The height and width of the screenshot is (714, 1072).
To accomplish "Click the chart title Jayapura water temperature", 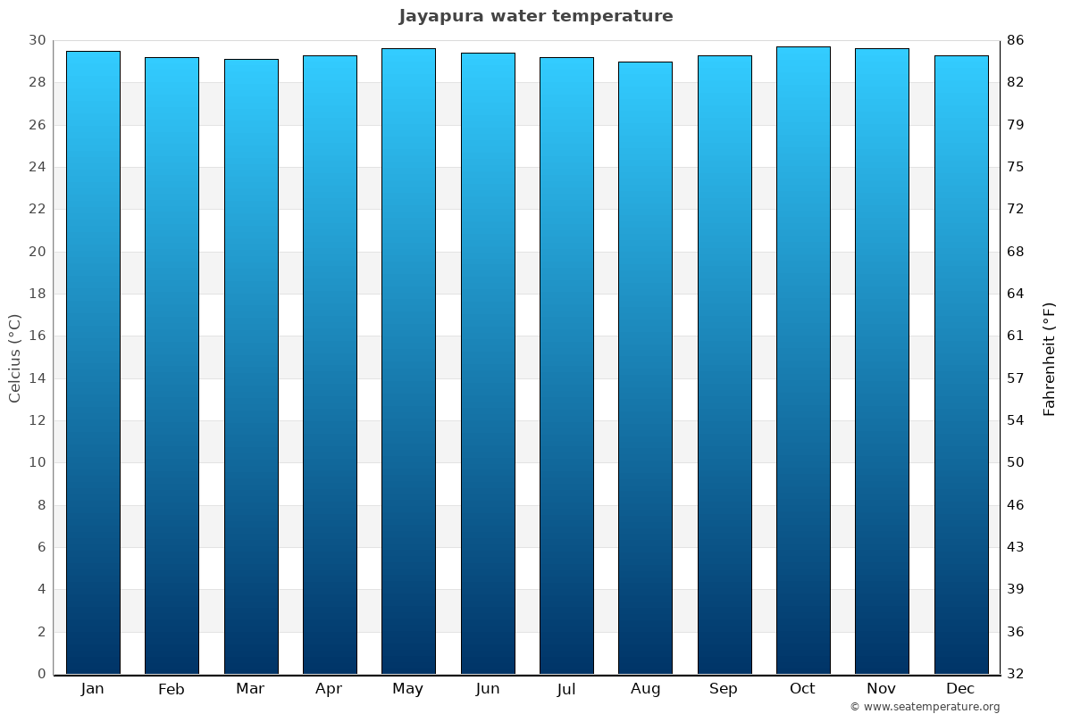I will click(x=536, y=16).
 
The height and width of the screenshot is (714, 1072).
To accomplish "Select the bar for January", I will click(x=93, y=362).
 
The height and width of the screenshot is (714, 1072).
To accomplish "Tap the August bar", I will click(x=645, y=368).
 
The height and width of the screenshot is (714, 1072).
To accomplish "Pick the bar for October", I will click(x=803, y=361).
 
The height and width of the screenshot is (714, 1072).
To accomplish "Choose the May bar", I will click(x=408, y=361).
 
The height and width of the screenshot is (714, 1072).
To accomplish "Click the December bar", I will click(x=961, y=364).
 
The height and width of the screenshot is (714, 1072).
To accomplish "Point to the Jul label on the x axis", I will click(x=566, y=689).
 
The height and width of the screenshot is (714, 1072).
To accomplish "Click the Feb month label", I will click(x=172, y=689).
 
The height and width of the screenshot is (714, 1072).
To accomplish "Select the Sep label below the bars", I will click(x=724, y=689).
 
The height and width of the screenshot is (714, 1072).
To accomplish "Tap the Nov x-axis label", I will click(x=882, y=689).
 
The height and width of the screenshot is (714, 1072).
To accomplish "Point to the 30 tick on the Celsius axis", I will click(x=37, y=40).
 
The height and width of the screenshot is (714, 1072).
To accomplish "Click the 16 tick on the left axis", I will click(x=37, y=336).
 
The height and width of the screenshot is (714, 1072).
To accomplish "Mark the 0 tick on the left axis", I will click(x=41, y=674).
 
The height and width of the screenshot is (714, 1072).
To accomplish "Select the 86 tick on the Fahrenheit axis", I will click(x=1015, y=40).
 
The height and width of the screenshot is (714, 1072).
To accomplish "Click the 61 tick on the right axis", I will click(x=1015, y=336).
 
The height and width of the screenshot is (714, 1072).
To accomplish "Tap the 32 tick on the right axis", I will click(x=1015, y=674).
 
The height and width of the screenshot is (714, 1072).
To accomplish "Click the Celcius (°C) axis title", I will click(x=15, y=358).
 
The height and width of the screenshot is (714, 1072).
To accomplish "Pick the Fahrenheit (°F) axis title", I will click(x=1050, y=358).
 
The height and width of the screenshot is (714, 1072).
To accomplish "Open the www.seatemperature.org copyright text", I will click(x=925, y=707).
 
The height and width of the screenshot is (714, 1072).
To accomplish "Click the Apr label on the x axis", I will click(x=329, y=689).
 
